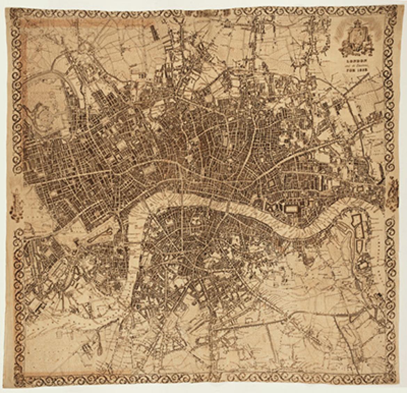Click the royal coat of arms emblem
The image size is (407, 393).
coord(356,38)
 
